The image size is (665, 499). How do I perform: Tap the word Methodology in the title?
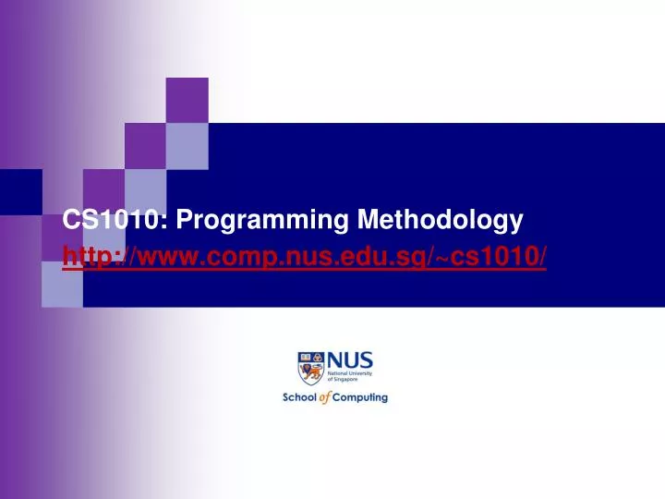coord(440,219)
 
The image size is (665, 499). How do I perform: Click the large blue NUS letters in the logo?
coord(350,360)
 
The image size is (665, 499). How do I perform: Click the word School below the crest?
coord(300,398)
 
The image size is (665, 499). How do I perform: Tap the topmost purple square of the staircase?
coord(187,100)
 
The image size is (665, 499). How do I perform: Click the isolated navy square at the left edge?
coord(20,190)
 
